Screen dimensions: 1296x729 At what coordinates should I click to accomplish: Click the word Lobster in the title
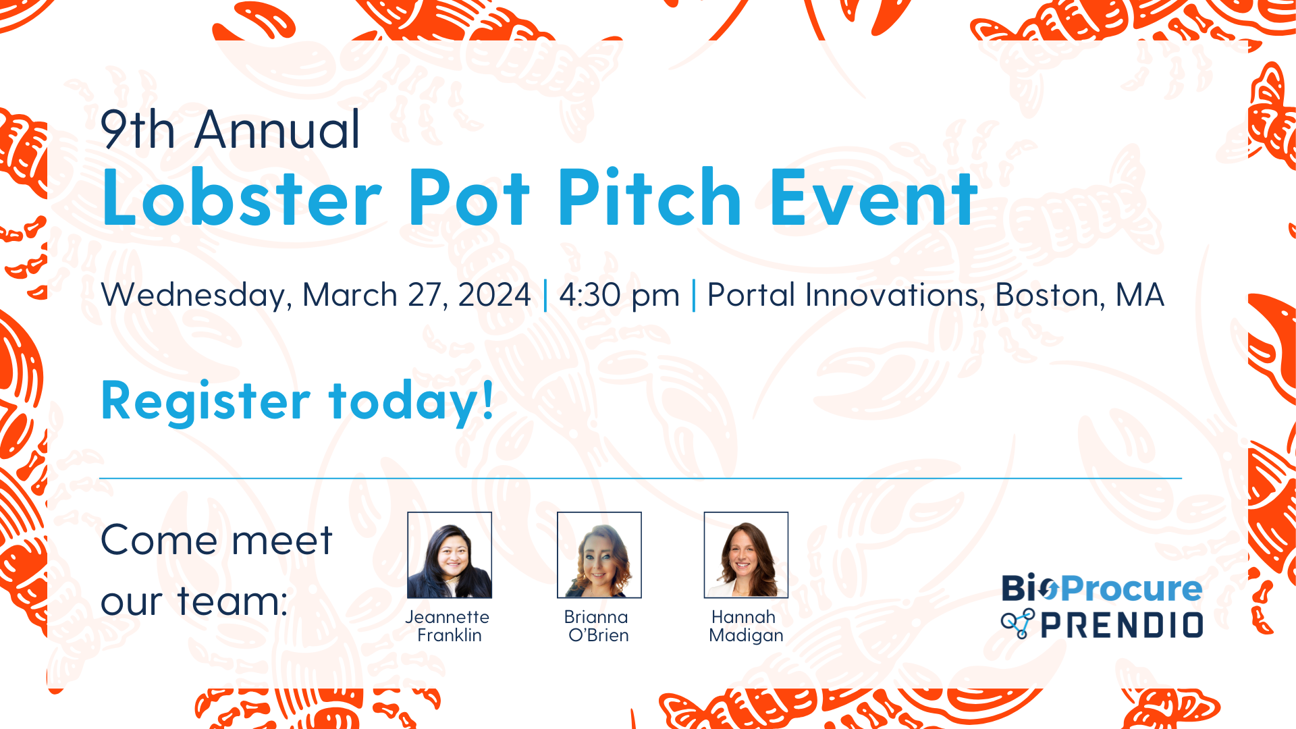click(x=242, y=197)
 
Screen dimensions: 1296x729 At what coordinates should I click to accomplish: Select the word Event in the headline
click(x=873, y=197)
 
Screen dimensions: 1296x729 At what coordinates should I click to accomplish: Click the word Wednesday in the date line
click(x=196, y=296)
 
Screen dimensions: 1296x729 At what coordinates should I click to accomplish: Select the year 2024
click(x=495, y=294)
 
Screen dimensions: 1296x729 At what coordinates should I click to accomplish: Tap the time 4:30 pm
click(x=619, y=296)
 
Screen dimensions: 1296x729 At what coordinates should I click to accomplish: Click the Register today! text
click(x=298, y=402)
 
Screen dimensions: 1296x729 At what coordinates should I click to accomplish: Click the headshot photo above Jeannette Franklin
click(x=450, y=555)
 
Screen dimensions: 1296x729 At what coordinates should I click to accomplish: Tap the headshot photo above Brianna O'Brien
click(x=599, y=555)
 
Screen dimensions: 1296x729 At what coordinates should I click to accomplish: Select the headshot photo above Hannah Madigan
click(x=746, y=555)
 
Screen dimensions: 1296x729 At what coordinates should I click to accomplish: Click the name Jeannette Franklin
click(x=448, y=626)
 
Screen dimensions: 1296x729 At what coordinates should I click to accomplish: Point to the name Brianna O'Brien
click(x=597, y=626)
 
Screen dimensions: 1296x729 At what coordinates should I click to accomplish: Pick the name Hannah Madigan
click(x=746, y=626)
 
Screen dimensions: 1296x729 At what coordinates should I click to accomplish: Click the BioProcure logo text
click(x=1102, y=589)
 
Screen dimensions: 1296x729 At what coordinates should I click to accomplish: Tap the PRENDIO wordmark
click(x=1122, y=626)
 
